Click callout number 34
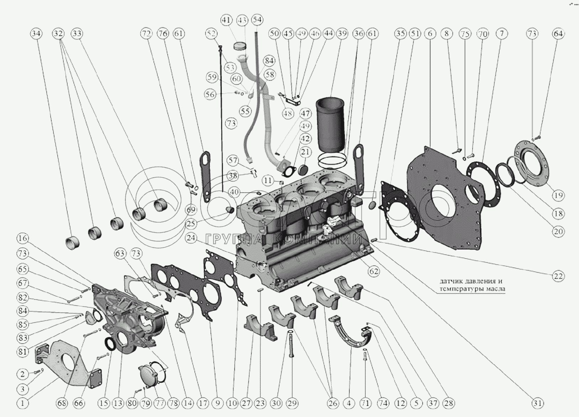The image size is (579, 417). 36,33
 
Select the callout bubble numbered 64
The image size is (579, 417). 558,33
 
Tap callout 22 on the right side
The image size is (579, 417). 558,276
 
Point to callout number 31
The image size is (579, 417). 538,403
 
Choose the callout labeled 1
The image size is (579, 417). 22,403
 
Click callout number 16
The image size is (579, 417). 22,238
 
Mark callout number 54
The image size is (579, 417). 257,20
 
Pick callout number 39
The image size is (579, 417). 342,33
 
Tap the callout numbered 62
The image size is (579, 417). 374,271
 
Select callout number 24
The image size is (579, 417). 191,238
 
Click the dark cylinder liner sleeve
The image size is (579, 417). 330,125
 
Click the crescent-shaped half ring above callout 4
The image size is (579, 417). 351,335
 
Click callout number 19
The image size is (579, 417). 558,195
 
